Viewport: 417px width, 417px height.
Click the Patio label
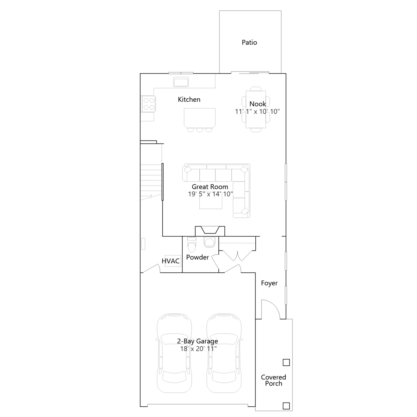pyautogui.click(x=249, y=42)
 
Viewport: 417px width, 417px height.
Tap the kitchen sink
pyautogui.click(x=181, y=82)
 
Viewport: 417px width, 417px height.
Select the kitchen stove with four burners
pyautogui.click(x=148, y=104)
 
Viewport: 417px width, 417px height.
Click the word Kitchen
pyautogui.click(x=189, y=99)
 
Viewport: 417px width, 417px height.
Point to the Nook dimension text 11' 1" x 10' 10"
pyautogui.click(x=257, y=112)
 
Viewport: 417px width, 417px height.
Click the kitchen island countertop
pyautogui.click(x=200, y=118)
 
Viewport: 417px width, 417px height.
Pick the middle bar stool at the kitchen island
pyautogui.click(x=200, y=130)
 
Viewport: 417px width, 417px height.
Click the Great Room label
pyautogui.click(x=210, y=187)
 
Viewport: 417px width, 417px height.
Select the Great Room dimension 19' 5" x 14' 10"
pyautogui.click(x=210, y=194)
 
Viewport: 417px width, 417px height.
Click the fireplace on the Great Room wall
pyautogui.click(x=210, y=231)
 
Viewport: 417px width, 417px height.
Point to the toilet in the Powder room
pyautogui.click(x=192, y=244)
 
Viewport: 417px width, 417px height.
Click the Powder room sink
pyautogui.click(x=209, y=242)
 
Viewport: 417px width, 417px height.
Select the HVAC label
pyautogui.click(x=171, y=261)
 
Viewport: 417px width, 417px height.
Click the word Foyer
pyautogui.click(x=269, y=283)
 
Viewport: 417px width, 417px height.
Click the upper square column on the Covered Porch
pyautogui.click(x=286, y=363)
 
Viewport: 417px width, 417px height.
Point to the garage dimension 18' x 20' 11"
pyautogui.click(x=198, y=349)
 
